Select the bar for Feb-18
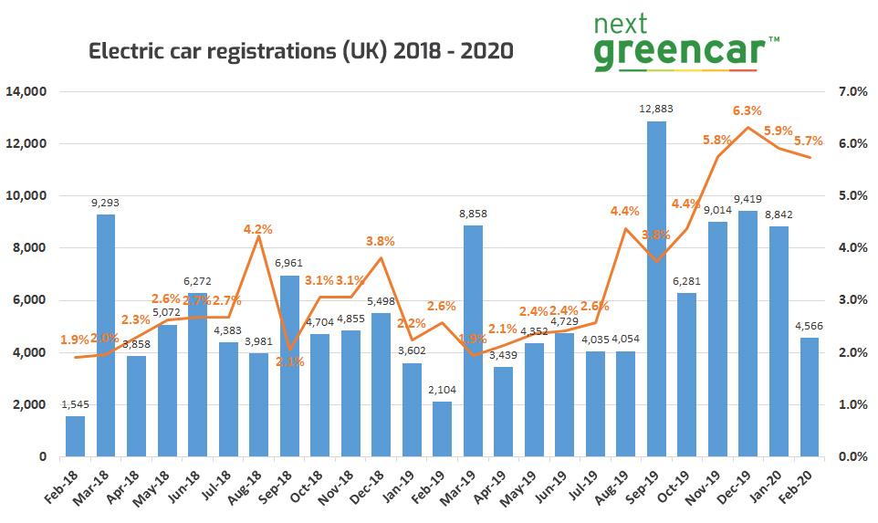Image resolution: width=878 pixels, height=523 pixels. coord(75,436)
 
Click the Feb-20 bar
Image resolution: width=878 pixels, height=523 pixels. coord(810,397)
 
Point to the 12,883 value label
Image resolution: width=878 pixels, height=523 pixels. coord(656,110)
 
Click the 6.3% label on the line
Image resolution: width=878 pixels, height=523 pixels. coord(747,110)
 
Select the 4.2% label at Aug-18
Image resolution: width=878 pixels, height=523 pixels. coord(259,229)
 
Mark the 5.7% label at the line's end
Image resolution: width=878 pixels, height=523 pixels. coord(809,141)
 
